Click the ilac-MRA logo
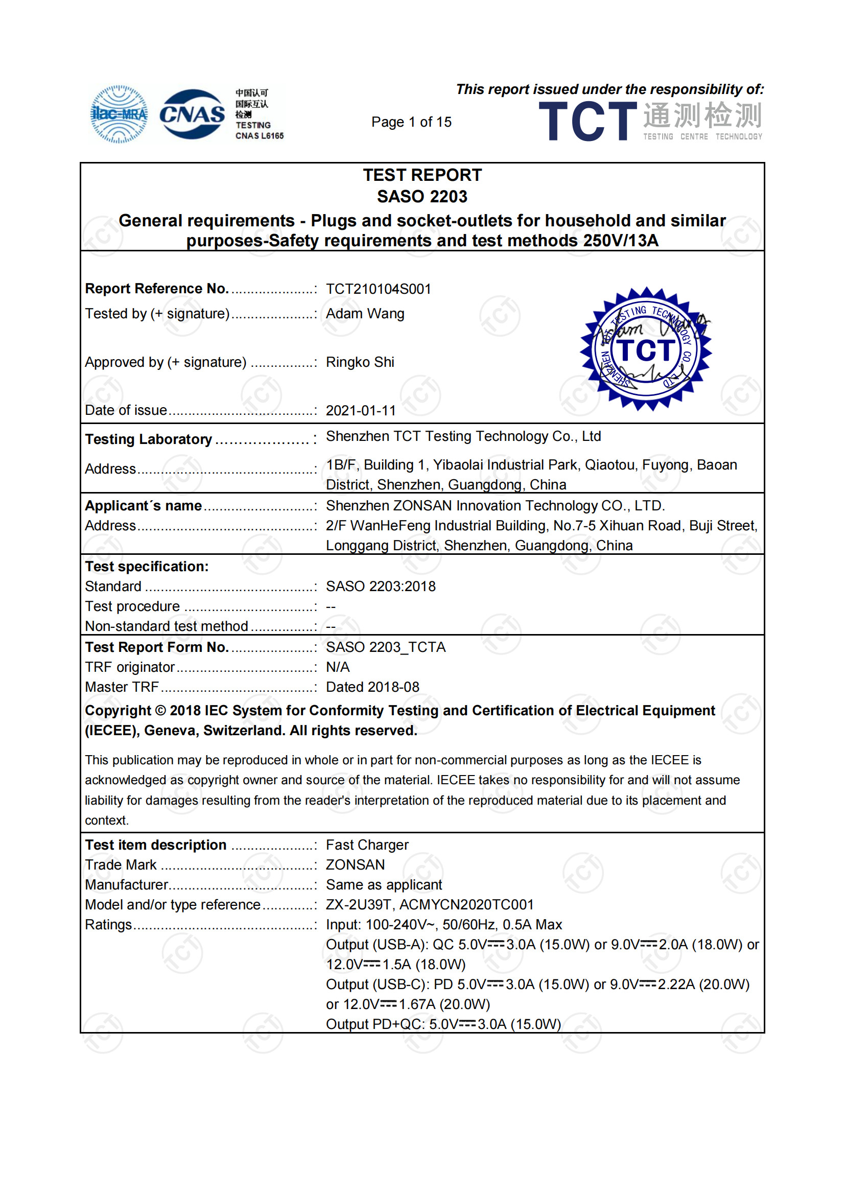[x=119, y=114]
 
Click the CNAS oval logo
[x=192, y=114]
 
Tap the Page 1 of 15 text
[x=411, y=122]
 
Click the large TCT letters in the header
[x=588, y=121]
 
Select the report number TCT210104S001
[x=378, y=289]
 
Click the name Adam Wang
[x=365, y=314]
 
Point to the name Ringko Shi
[x=360, y=362]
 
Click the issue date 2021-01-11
[x=361, y=411]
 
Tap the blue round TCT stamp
[x=646, y=349]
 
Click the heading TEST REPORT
[x=422, y=175]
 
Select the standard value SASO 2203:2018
[x=381, y=587]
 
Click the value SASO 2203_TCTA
[x=386, y=647]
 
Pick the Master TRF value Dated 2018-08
[x=372, y=688]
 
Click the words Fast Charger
[x=367, y=845]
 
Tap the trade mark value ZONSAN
[x=356, y=865]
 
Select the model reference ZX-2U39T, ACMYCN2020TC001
[x=429, y=905]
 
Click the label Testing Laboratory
[x=148, y=440]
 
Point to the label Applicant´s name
[x=143, y=506]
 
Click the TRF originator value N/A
[x=337, y=667]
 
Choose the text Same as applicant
[x=384, y=885]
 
